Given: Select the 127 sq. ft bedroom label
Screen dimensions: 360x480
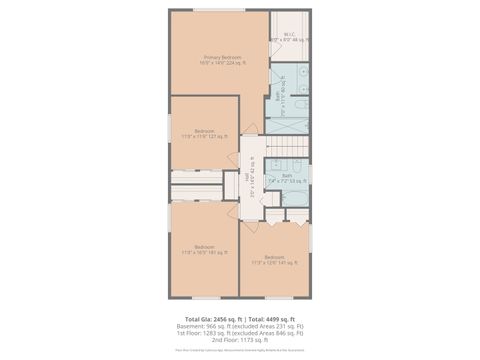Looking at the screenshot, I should click(x=204, y=133).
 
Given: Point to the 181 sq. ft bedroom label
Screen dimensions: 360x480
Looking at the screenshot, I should click(x=204, y=249).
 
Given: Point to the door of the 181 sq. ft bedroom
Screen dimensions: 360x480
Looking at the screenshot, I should click(x=236, y=217).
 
